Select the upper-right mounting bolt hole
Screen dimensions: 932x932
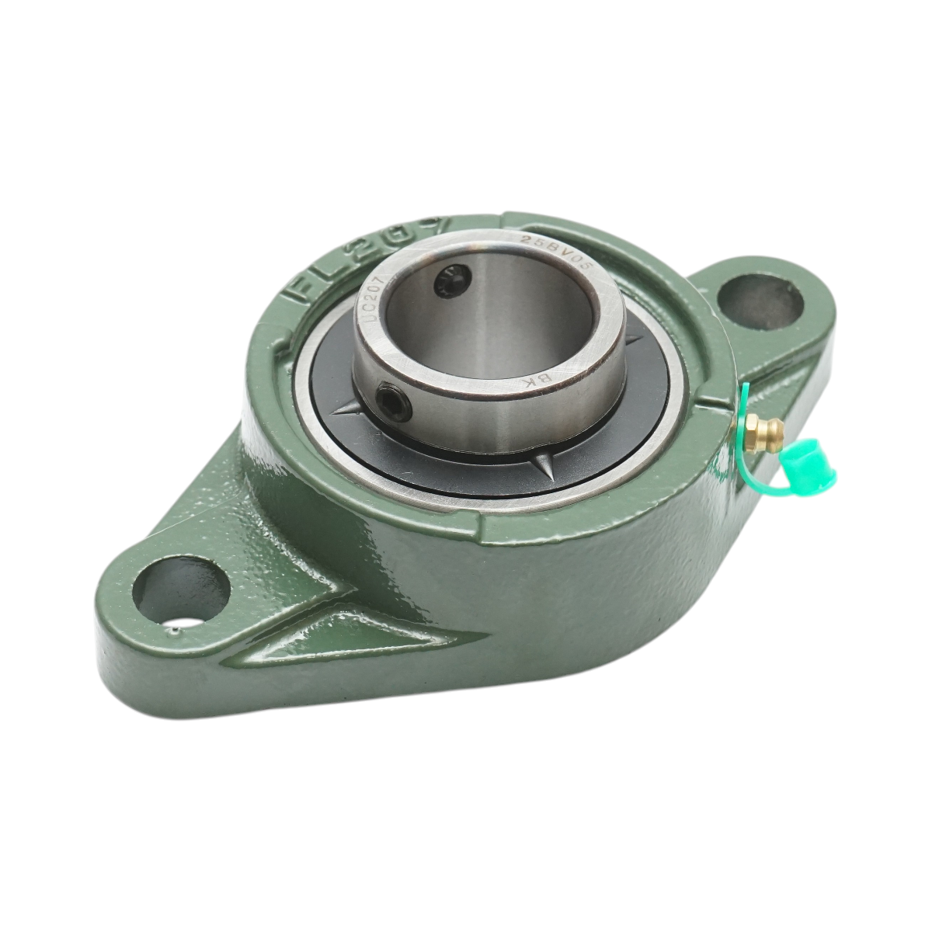tap(759, 297)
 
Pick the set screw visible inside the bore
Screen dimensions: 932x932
tap(450, 280)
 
